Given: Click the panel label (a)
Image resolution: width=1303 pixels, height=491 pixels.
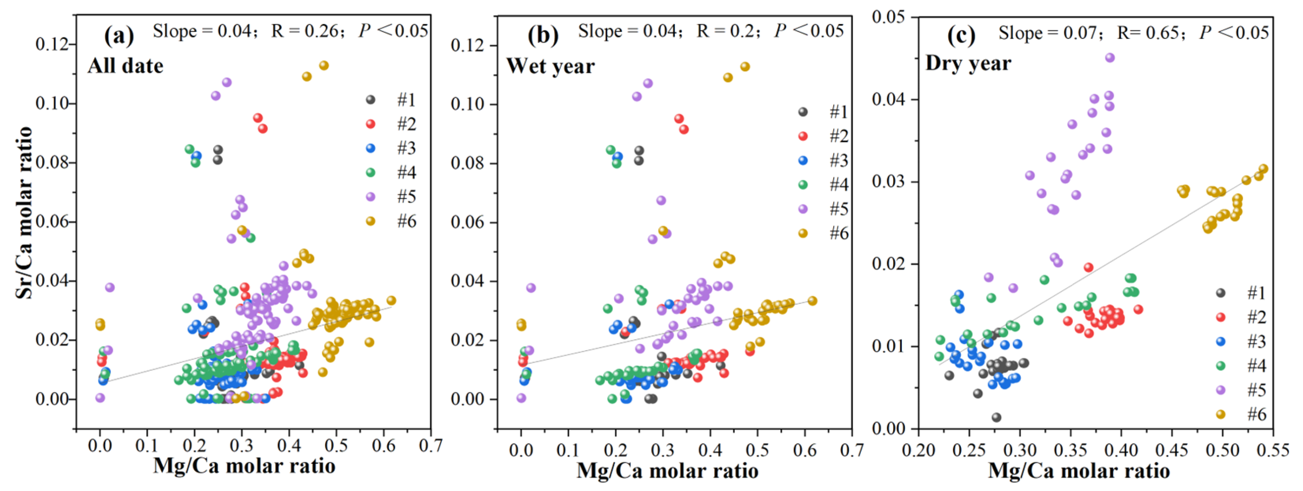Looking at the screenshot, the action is (119, 36).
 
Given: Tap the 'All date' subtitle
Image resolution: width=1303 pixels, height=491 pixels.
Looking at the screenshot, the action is (126, 66).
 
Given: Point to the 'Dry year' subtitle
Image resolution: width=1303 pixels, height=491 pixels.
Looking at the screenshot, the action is (968, 63).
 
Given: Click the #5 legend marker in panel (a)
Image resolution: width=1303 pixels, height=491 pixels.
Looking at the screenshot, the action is (371, 196).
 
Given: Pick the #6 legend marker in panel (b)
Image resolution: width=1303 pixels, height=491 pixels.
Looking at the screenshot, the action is (803, 233).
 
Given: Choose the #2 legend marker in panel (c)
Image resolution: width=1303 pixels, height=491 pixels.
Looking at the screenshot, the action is (1221, 318).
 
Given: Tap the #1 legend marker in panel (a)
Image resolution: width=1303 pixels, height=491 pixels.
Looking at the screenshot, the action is (371, 100).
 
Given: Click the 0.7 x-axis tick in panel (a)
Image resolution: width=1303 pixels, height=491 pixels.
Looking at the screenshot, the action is (430, 445).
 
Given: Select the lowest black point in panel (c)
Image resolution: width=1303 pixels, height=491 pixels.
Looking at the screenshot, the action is (997, 418).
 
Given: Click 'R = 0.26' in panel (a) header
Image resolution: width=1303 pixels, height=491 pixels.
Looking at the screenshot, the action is (304, 31).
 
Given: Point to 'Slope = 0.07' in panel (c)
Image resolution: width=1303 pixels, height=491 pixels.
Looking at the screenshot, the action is (1047, 34).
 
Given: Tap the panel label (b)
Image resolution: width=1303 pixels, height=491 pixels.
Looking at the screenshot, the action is (543, 36).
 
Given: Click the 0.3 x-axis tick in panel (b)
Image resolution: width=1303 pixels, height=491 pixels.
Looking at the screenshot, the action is (663, 450).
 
